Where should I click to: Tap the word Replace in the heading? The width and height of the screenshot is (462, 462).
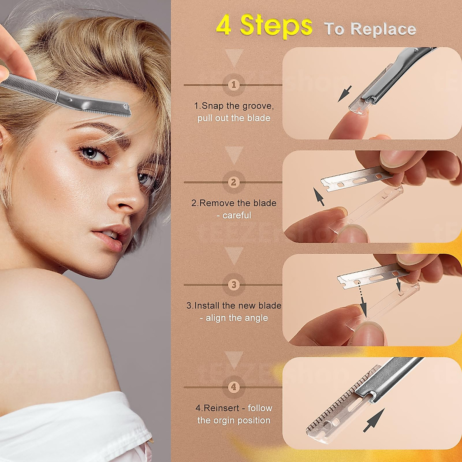[x=383, y=29]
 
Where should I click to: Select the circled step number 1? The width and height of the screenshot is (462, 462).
[x=234, y=85]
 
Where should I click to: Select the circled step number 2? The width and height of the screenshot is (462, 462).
[x=234, y=182]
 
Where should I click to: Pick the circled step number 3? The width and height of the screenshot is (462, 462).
[x=234, y=285]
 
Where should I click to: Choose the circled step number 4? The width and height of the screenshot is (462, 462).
[x=234, y=387]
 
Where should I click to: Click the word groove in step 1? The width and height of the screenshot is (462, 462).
[x=258, y=106]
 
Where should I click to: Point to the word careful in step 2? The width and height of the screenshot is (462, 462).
[x=237, y=215]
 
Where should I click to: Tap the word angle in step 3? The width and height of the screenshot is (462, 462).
[x=256, y=318]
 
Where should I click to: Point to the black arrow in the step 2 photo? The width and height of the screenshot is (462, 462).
[x=319, y=196]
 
